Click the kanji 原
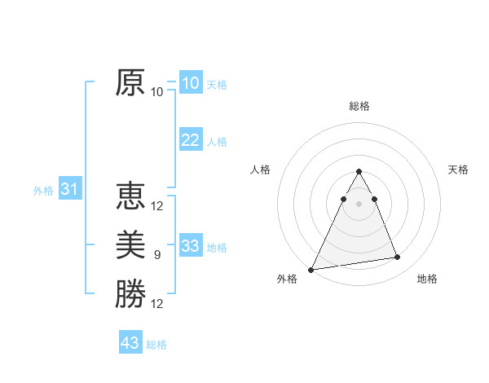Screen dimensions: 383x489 point(130,82)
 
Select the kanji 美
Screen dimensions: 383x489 point(130,244)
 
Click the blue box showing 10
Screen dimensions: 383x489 point(190,83)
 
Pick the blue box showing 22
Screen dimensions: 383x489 point(190,140)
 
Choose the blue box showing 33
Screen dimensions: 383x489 point(190,246)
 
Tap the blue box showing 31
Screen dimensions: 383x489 point(69,190)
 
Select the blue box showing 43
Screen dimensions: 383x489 point(130,343)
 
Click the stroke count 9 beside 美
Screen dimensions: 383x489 point(157,255)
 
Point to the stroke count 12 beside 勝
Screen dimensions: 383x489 point(157,304)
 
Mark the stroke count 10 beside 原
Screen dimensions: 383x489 point(157,92)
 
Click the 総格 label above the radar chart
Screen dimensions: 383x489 point(359,106)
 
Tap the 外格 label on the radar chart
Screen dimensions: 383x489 point(287,279)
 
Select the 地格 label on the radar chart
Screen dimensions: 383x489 point(427,279)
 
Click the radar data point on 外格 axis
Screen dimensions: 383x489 point(311,269)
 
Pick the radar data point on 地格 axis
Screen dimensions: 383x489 point(398,258)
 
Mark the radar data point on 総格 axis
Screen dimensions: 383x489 point(359,171)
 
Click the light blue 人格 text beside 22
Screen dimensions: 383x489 point(217,142)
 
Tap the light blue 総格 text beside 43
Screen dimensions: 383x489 point(156,345)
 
